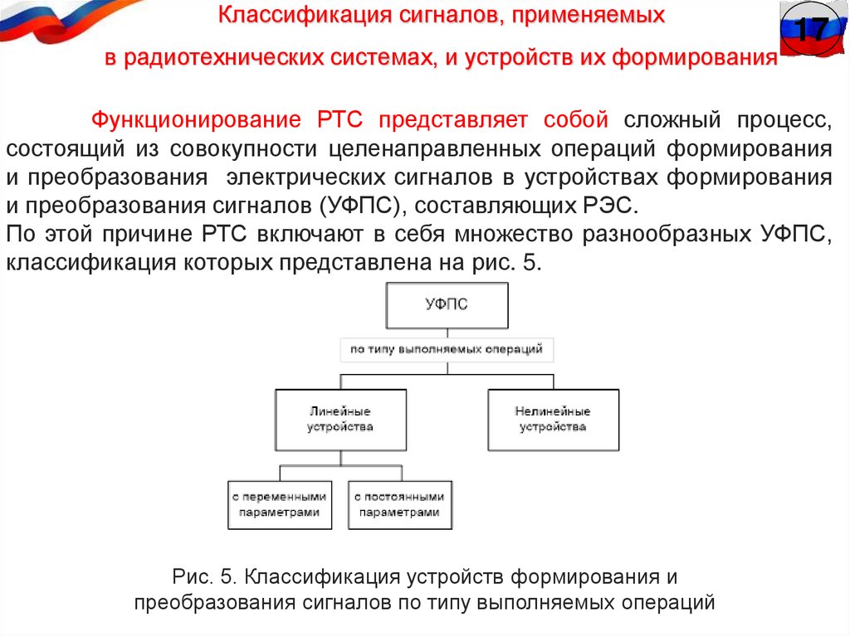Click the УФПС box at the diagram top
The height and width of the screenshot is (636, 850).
pyautogui.click(x=446, y=304)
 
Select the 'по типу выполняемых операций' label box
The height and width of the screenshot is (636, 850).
pyautogui.click(x=447, y=350)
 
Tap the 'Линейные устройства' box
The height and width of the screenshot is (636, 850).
pyautogui.click(x=340, y=420)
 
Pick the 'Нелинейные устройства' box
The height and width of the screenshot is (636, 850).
pyautogui.click(x=552, y=420)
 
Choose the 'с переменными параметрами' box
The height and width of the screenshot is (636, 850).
pyautogui.click(x=280, y=504)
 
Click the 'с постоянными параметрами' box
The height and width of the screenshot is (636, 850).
pyautogui.click(x=399, y=504)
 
